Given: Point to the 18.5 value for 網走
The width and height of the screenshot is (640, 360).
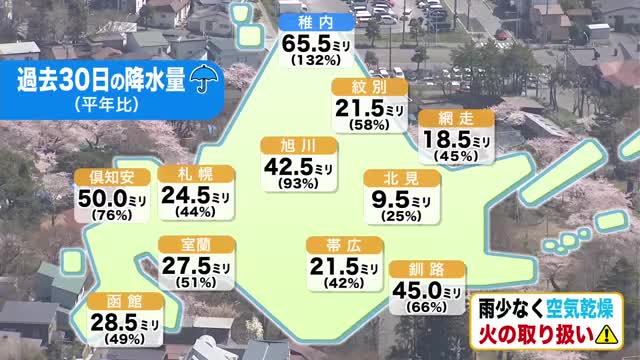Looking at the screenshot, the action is (x=448, y=139).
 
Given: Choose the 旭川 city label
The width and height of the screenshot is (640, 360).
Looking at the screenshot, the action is (x=296, y=144).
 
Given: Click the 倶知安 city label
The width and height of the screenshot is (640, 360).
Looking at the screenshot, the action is (x=113, y=178).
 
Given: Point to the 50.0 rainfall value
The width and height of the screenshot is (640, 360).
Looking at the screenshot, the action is (x=104, y=199).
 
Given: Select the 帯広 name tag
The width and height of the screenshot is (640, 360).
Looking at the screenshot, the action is (x=329, y=244).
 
